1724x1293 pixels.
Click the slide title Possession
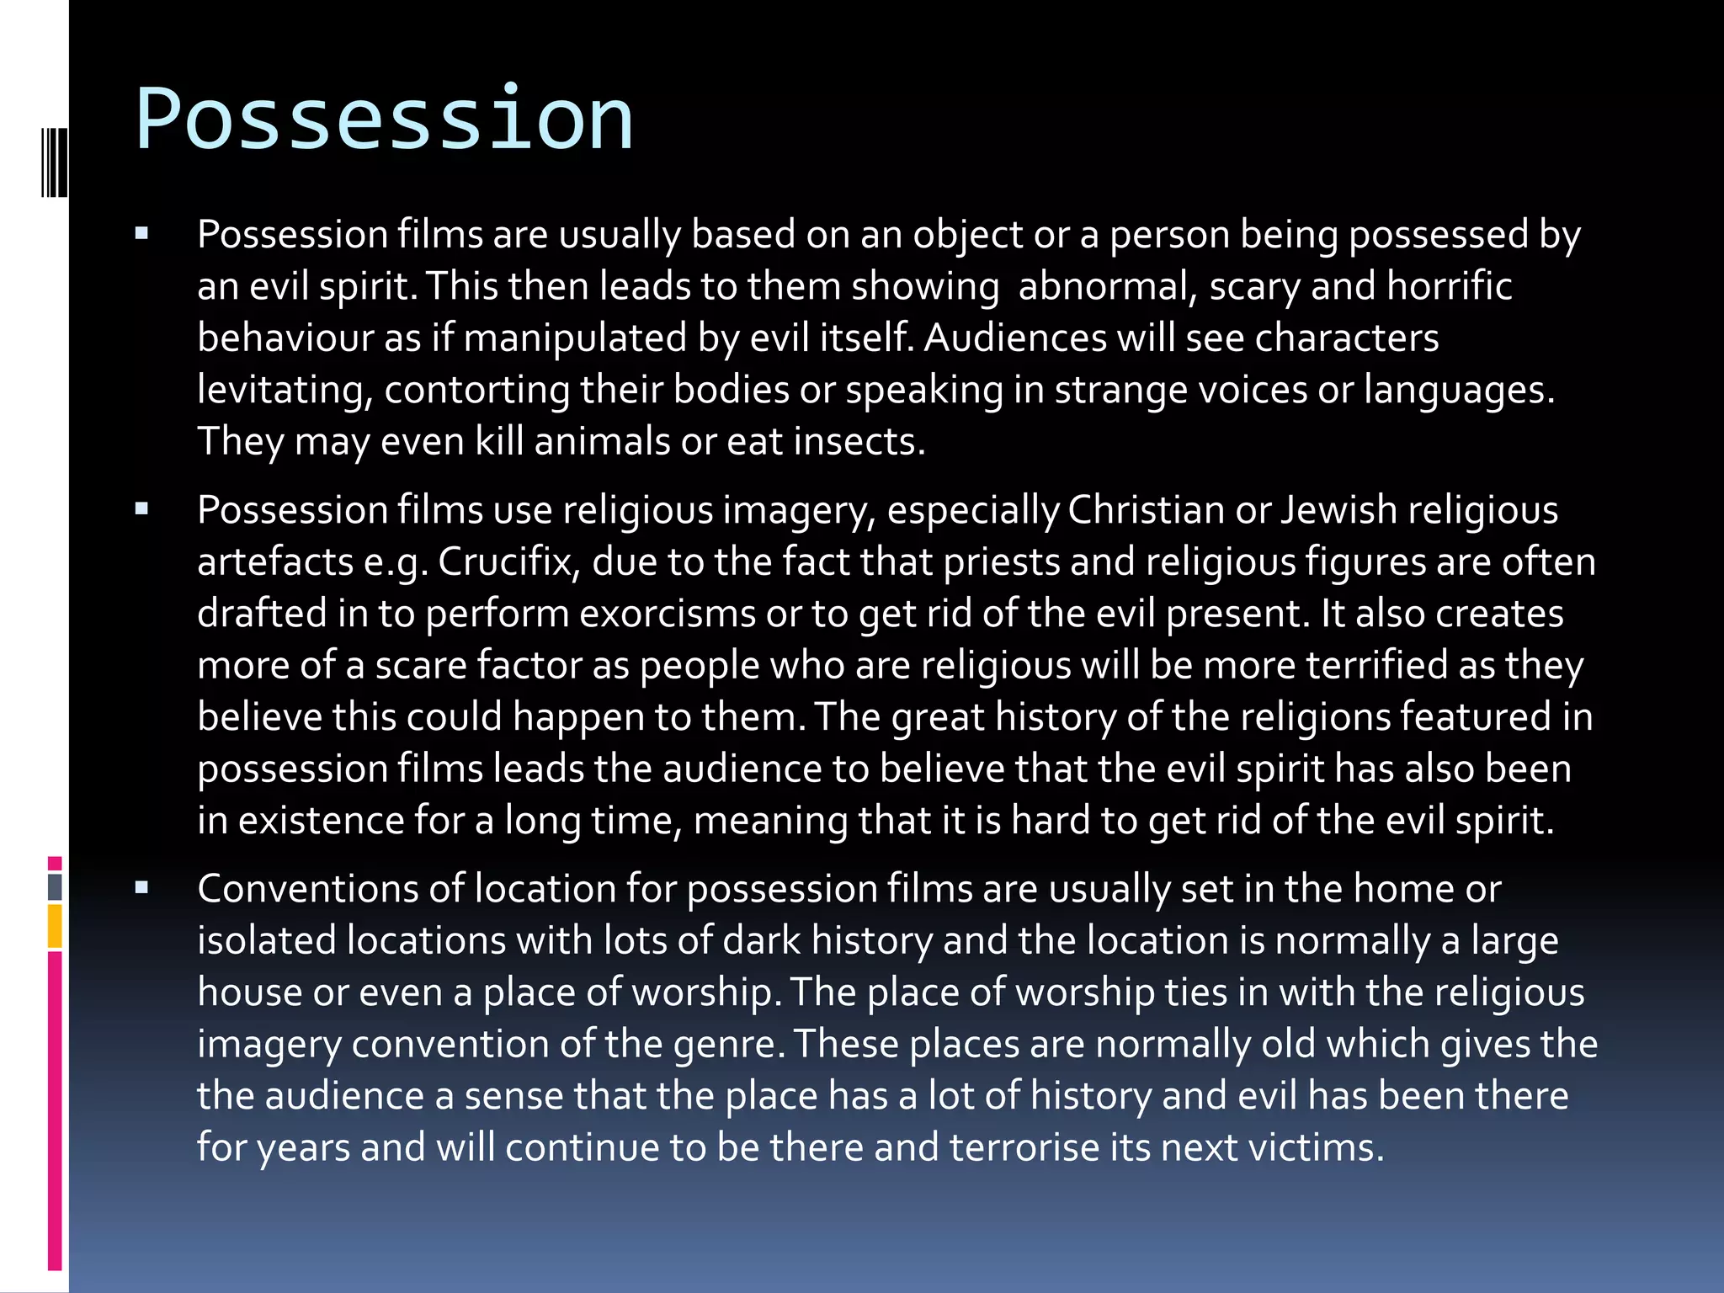tap(384, 120)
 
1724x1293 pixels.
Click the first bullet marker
tap(141, 233)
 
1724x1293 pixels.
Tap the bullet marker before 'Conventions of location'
tap(141, 887)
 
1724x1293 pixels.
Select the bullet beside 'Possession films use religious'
tap(141, 508)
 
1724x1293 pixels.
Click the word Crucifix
tap(505, 562)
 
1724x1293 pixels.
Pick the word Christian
tap(1147, 510)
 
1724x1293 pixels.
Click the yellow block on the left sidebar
tap(55, 926)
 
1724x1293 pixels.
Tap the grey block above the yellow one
tap(55, 886)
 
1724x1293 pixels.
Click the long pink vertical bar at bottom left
tap(55, 1109)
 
